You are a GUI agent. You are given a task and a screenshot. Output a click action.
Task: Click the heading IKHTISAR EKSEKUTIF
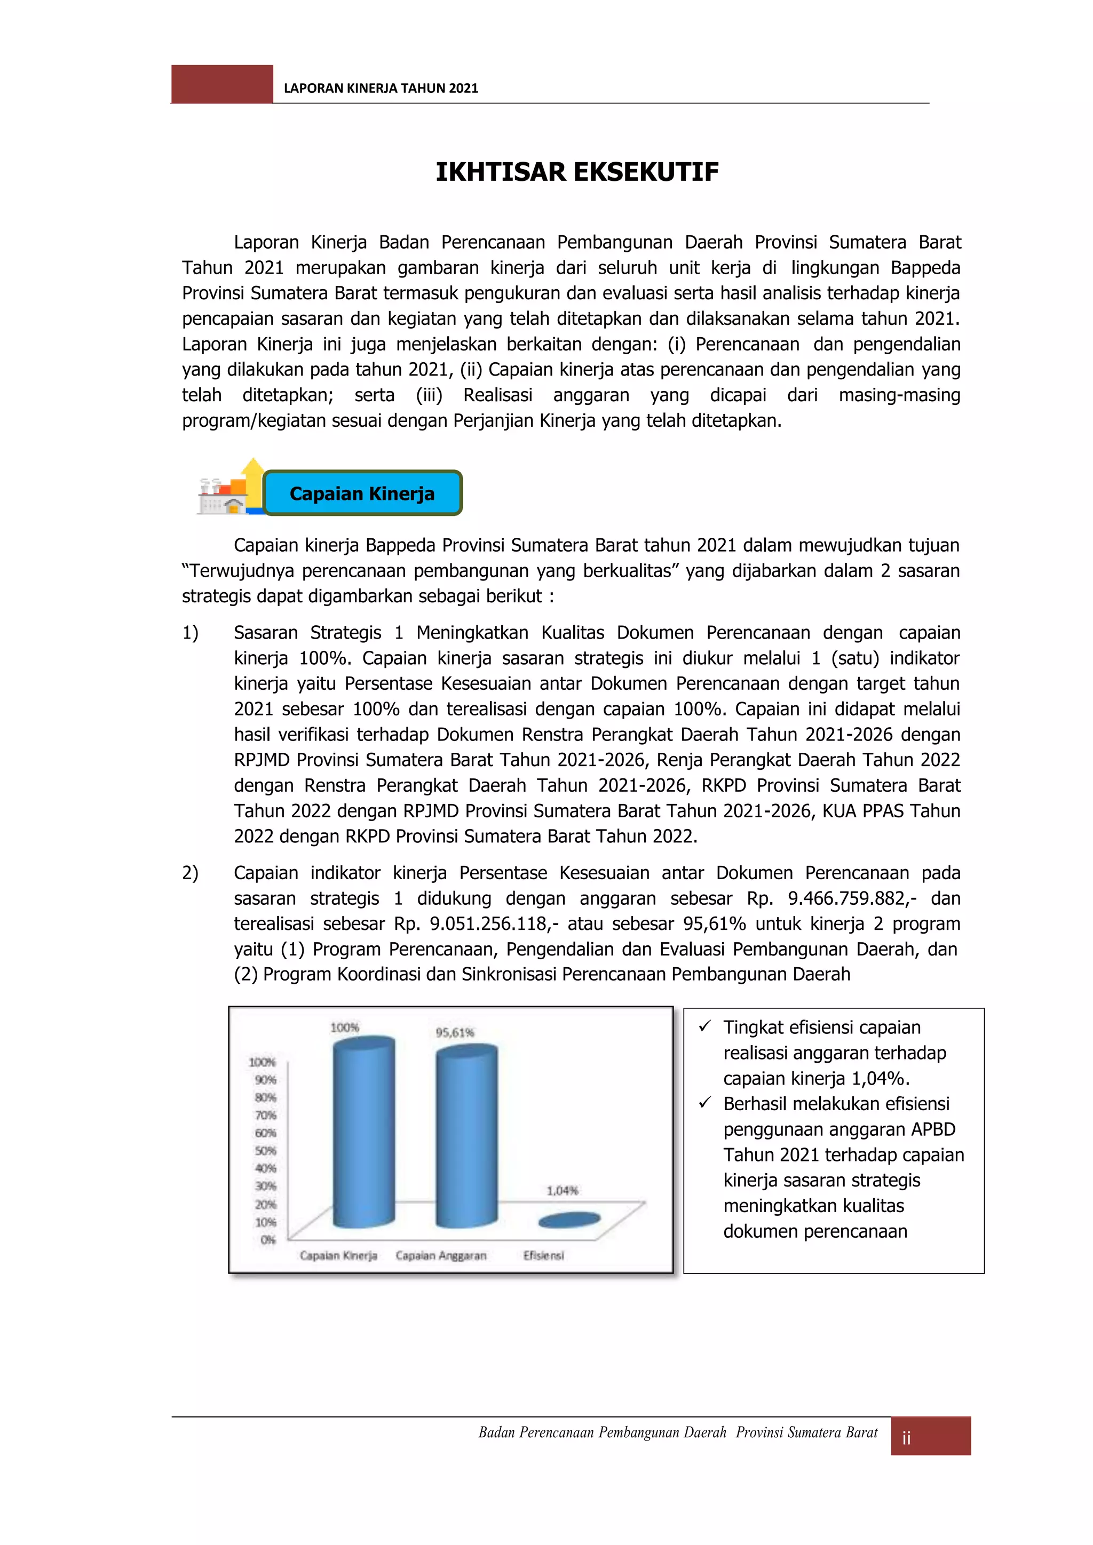tap(577, 172)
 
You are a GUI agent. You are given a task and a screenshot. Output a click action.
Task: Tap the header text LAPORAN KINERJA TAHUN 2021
tap(381, 88)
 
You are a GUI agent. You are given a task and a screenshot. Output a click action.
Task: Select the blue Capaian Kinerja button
tap(362, 493)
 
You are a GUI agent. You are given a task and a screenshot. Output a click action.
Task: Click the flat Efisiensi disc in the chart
tap(570, 1220)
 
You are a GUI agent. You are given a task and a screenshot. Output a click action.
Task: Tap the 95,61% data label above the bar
tap(455, 1032)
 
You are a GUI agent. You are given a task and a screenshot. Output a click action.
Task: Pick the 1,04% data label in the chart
tap(563, 1190)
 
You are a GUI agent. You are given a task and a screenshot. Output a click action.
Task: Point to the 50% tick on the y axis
tap(265, 1151)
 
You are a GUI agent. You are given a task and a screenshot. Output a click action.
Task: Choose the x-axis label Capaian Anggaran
tap(441, 1256)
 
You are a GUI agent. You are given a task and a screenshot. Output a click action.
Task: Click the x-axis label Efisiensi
tap(544, 1256)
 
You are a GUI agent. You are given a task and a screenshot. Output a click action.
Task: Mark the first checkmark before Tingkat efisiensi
tap(704, 1026)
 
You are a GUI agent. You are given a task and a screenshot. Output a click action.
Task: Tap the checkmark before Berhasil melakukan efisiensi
tap(704, 1103)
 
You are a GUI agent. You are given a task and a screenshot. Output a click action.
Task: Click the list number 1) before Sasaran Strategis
tap(190, 633)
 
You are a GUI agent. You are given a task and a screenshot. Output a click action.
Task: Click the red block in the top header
tap(222, 84)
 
